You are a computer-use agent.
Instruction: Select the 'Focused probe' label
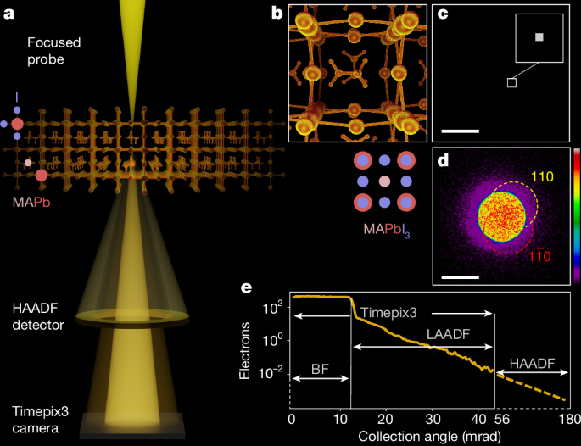(53, 50)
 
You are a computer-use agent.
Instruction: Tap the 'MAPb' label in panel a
(26, 203)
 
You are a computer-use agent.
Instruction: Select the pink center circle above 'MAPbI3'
(384, 181)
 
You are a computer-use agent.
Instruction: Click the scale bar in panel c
(461, 131)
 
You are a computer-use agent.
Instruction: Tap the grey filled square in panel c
(539, 36)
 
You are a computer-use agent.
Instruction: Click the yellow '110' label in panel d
(543, 176)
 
